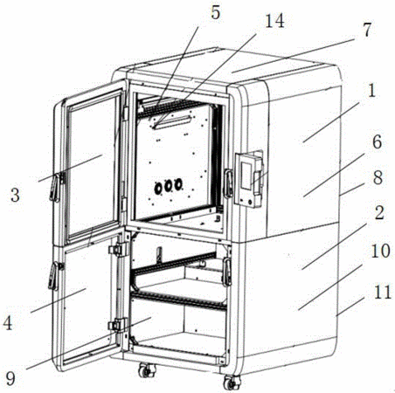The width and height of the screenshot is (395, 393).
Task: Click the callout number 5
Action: [x=216, y=13]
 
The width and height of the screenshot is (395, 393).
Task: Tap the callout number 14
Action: [x=274, y=21]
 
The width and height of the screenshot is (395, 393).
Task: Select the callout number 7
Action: [x=367, y=30]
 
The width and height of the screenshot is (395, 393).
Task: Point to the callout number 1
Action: [x=371, y=91]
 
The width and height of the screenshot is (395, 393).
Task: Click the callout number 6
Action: [x=377, y=142]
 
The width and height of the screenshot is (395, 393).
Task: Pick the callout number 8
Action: [x=378, y=177]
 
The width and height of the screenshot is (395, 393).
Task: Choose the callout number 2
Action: [x=379, y=213]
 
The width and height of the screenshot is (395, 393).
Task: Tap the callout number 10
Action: [x=380, y=251]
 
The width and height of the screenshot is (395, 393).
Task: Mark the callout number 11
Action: [x=382, y=292]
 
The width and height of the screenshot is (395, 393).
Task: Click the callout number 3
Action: [x=15, y=195]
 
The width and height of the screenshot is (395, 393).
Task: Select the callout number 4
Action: [x=8, y=323]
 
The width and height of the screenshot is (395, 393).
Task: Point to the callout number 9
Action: [x=10, y=379]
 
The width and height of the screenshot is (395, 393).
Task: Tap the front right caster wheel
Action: [x=232, y=383]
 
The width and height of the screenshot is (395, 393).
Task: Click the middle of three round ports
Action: [x=168, y=186]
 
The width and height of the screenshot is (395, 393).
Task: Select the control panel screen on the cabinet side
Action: [x=246, y=176]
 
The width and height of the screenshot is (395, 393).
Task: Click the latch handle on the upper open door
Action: [x=55, y=187]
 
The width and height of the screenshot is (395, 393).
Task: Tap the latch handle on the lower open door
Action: [x=53, y=276]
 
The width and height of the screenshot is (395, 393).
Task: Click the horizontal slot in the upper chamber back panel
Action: [x=173, y=121]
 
